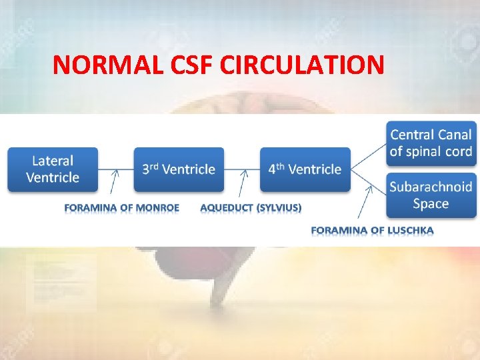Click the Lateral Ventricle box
(x=53, y=169)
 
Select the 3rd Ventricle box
(x=179, y=169)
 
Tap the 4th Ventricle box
(x=305, y=169)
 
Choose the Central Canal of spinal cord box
(x=431, y=143)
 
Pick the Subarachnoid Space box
(x=431, y=195)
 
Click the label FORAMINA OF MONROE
(x=122, y=207)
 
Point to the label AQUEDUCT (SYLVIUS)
(x=251, y=207)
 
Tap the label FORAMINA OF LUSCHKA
(x=372, y=231)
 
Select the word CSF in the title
(x=193, y=65)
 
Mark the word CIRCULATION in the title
(x=301, y=65)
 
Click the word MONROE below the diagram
(x=157, y=207)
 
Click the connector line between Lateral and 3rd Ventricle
(x=116, y=169)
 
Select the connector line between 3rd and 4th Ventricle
(x=242, y=169)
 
